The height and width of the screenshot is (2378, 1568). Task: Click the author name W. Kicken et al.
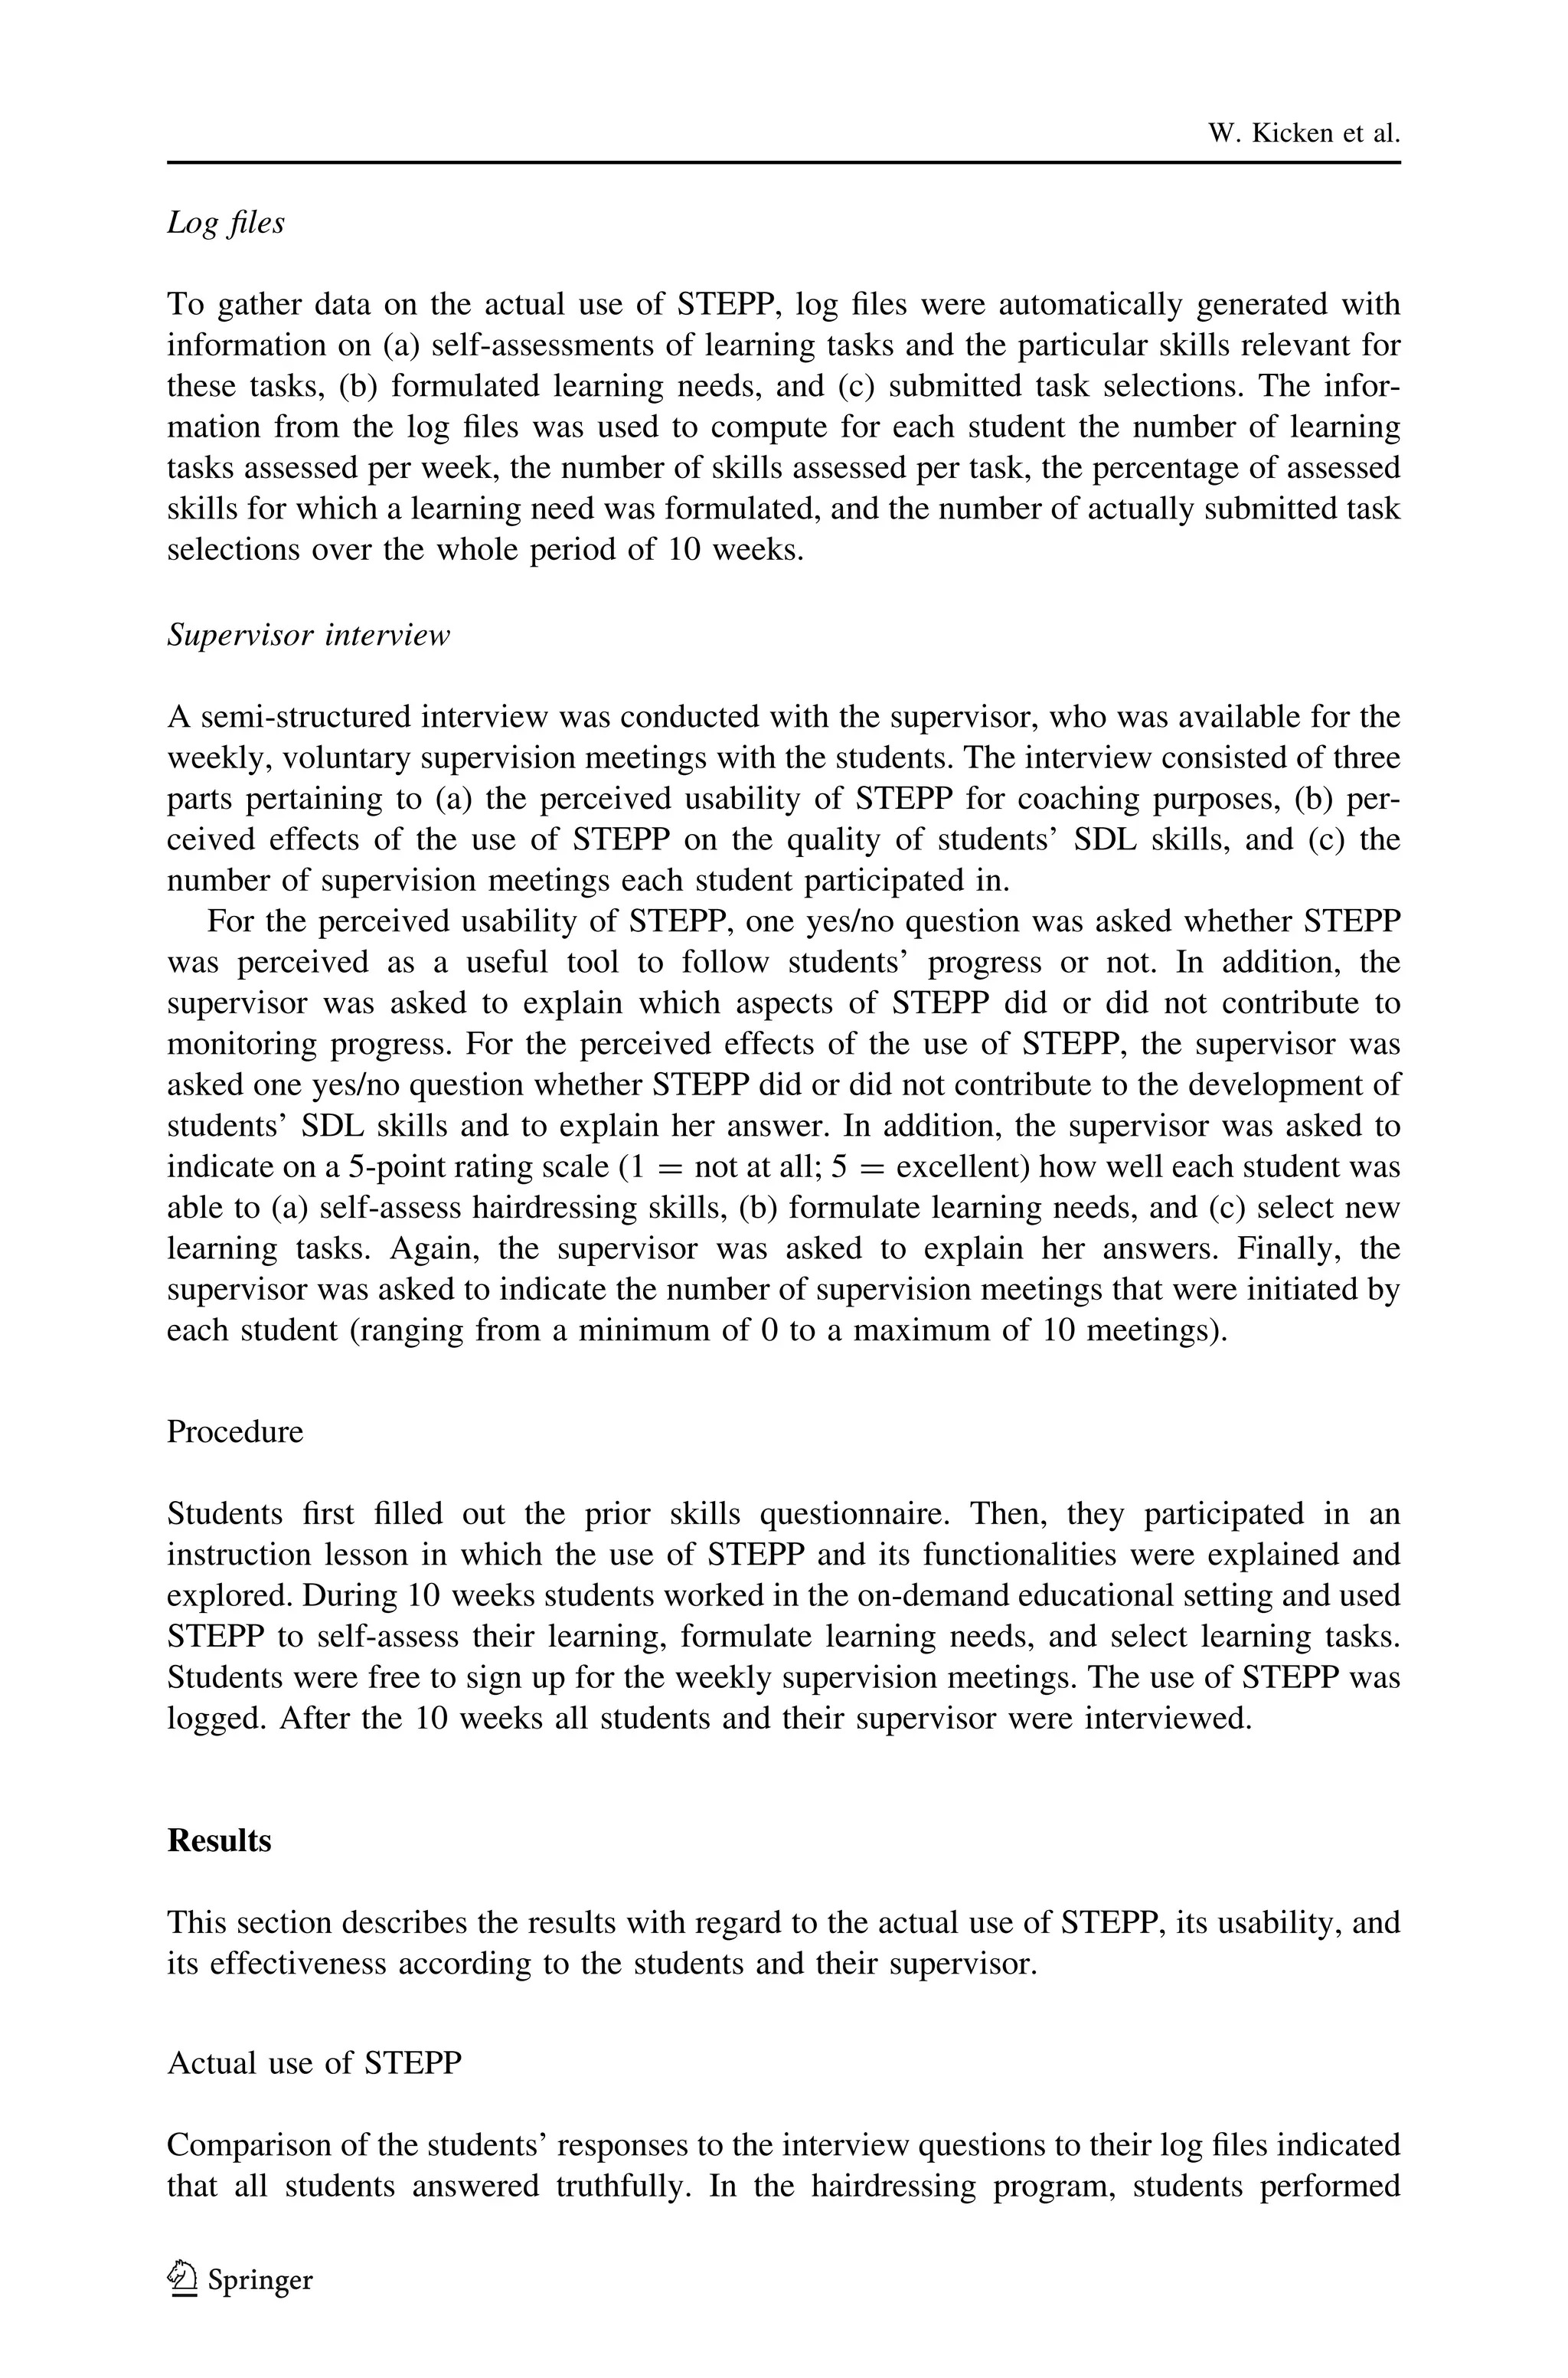click(x=1303, y=134)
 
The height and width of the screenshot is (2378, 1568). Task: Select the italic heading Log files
click(x=225, y=222)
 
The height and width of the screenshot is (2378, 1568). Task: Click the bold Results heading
click(x=219, y=1841)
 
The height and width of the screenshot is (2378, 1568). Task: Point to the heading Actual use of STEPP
click(x=314, y=2063)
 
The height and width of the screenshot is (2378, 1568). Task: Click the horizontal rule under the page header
click(x=783, y=162)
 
